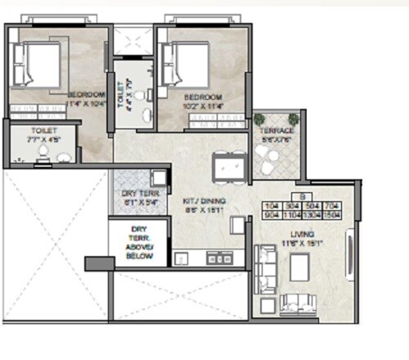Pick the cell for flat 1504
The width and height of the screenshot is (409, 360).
coord(334,217)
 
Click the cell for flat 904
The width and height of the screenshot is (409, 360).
coord(272,217)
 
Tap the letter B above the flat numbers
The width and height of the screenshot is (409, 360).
coord(303,197)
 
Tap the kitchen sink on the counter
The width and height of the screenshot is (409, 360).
coord(215,259)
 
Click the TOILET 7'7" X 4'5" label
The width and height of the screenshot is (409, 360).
coord(43,135)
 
